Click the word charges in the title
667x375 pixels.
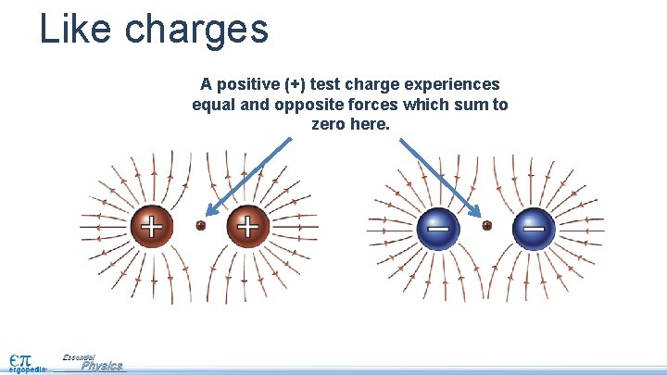point(196,30)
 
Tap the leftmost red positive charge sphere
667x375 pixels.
point(150,225)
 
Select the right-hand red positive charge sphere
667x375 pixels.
point(247,225)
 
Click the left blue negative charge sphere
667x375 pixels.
point(437,225)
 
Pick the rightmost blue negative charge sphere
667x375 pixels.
point(535,225)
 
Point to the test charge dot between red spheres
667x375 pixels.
point(200,225)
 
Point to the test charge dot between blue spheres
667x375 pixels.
point(486,225)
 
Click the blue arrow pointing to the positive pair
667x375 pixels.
point(248,177)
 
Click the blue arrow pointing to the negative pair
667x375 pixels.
point(439,177)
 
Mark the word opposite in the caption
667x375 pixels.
point(306,104)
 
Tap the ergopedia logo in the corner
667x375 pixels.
point(25,361)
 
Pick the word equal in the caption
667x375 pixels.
point(213,104)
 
